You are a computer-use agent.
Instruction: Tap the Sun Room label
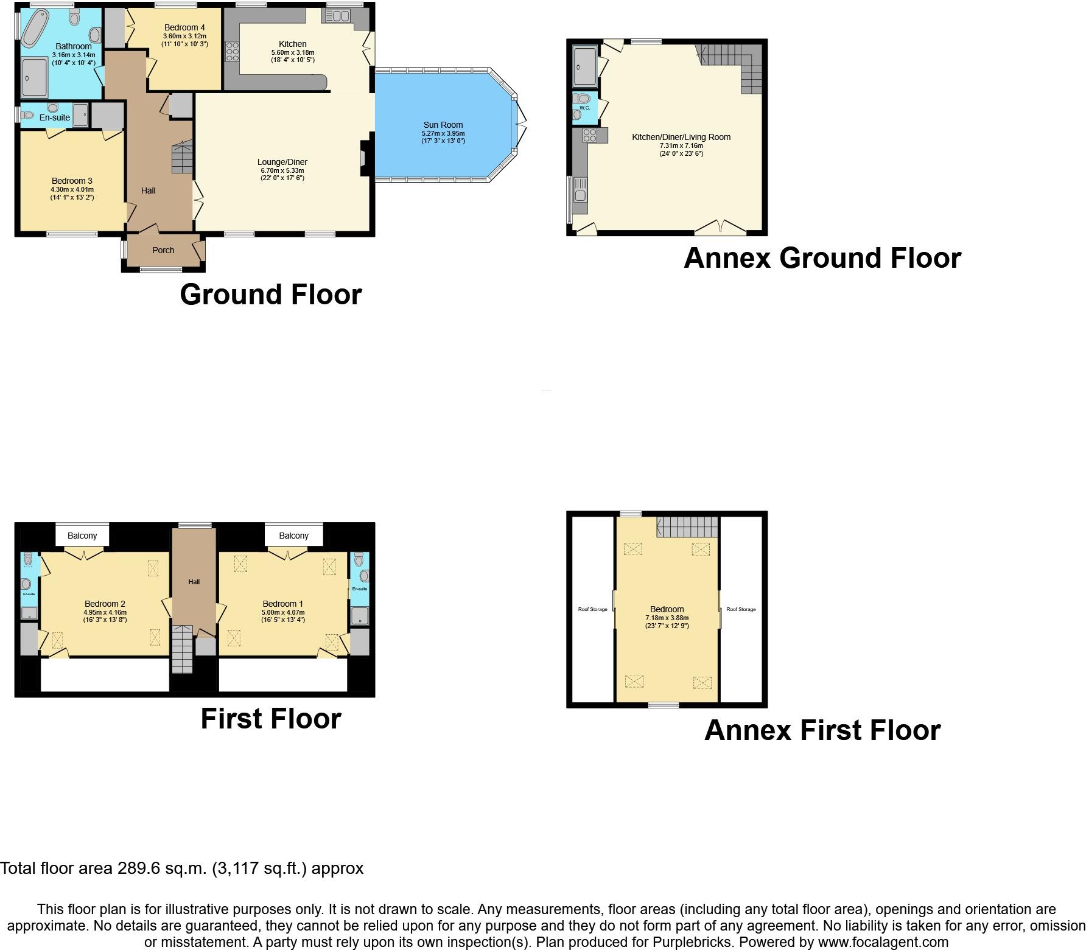tap(443, 125)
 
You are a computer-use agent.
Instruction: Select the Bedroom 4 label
tap(184, 27)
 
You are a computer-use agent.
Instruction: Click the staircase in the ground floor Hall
tap(182, 157)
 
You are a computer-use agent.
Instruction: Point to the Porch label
tap(163, 250)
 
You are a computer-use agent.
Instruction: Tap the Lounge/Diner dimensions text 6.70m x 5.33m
tap(282, 170)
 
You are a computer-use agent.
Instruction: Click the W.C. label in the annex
tap(584, 108)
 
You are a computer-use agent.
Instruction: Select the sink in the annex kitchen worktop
tap(579, 189)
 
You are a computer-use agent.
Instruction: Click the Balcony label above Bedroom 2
tap(82, 536)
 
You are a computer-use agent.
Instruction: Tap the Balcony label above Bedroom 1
tap(293, 536)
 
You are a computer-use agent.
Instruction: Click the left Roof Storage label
tap(592, 609)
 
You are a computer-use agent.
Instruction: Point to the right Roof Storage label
tap(741, 609)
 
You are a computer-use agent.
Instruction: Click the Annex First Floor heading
tap(822, 730)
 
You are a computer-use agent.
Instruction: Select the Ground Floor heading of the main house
tap(270, 295)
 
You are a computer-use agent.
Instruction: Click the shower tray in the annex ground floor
tap(585, 66)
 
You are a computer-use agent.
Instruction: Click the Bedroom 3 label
tap(72, 181)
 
